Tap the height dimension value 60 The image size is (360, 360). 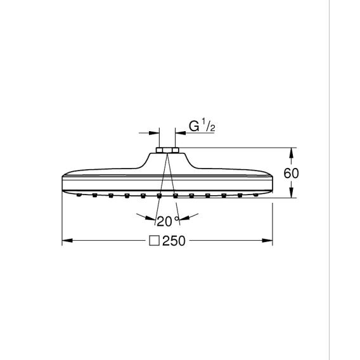291,173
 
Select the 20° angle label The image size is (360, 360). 168,221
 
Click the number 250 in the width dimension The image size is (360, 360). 174,241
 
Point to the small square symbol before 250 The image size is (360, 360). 154,241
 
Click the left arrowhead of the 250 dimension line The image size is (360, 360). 67,241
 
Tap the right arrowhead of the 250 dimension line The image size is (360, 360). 267,241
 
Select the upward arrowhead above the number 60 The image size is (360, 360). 291,153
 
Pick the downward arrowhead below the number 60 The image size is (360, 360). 291,193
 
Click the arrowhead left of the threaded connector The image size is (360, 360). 154,133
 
